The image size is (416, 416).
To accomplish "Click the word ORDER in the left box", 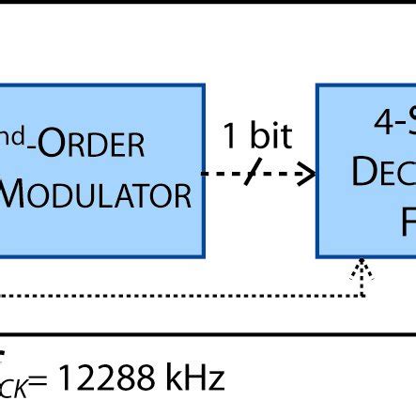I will pos(99,146).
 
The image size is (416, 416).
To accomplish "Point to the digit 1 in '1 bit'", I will pos(231,136).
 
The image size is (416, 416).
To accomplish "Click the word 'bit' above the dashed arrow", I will pos(270,136).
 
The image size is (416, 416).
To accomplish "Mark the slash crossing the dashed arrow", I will pos(253,175).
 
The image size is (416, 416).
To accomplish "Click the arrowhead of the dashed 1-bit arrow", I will pos(306,175).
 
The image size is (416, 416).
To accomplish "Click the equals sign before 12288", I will pos(45,381).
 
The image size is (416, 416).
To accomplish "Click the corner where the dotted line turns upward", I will pos(362,296).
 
